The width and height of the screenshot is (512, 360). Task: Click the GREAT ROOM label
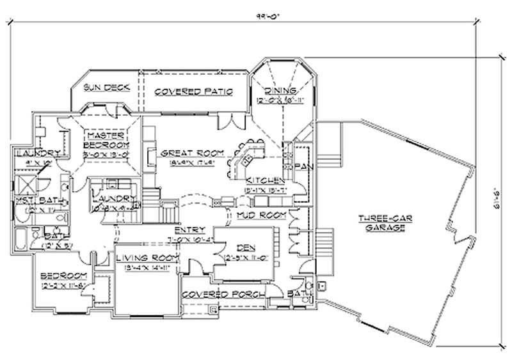click(x=191, y=153)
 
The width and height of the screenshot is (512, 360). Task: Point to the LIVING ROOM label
click(x=147, y=257)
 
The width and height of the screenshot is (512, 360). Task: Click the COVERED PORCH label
click(x=214, y=294)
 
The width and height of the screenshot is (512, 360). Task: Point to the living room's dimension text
click(x=147, y=267)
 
